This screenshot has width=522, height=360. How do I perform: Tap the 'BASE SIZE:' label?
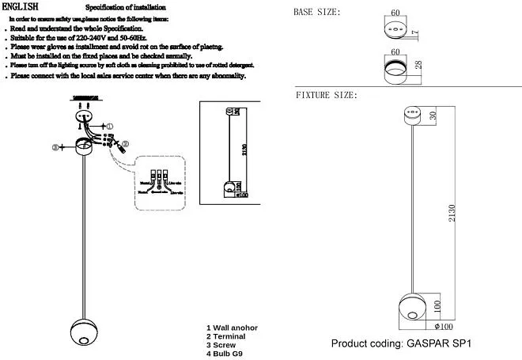317,13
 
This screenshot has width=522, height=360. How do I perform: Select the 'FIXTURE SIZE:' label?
327,95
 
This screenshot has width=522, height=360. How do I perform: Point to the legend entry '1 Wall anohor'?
232,328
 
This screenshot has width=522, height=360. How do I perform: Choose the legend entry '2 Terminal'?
226,336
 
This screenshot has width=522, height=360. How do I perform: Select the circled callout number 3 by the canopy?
56,147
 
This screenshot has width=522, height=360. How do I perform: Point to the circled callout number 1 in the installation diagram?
109,127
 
